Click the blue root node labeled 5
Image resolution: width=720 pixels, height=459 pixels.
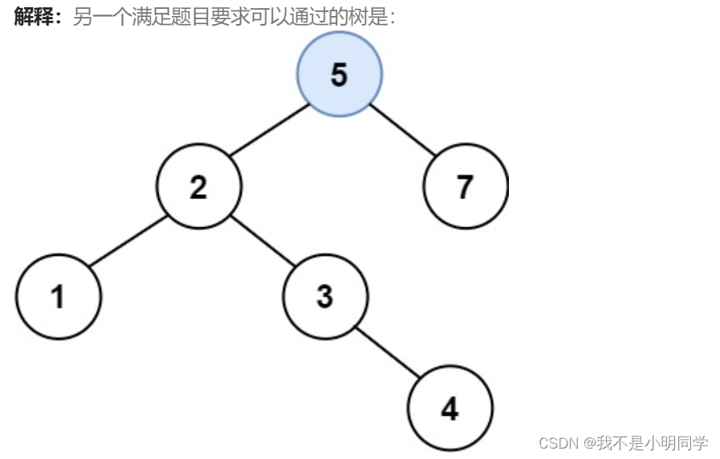(x=340, y=75)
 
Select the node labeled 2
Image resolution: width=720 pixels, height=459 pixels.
(x=198, y=186)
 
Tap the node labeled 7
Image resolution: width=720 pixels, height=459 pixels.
(x=466, y=186)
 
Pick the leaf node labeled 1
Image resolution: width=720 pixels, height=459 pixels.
(x=58, y=296)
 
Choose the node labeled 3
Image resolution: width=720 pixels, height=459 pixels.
(x=325, y=296)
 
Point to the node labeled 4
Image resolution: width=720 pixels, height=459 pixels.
(x=449, y=409)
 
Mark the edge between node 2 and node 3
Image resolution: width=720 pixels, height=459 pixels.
(x=262, y=241)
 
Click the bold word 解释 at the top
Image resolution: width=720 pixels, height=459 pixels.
(x=34, y=18)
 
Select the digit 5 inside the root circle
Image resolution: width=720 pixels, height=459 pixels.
(x=340, y=75)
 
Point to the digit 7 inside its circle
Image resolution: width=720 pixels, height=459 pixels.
(x=466, y=186)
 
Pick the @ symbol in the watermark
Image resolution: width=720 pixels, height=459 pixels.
(x=589, y=443)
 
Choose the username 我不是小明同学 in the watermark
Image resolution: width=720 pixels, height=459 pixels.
(x=652, y=443)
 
